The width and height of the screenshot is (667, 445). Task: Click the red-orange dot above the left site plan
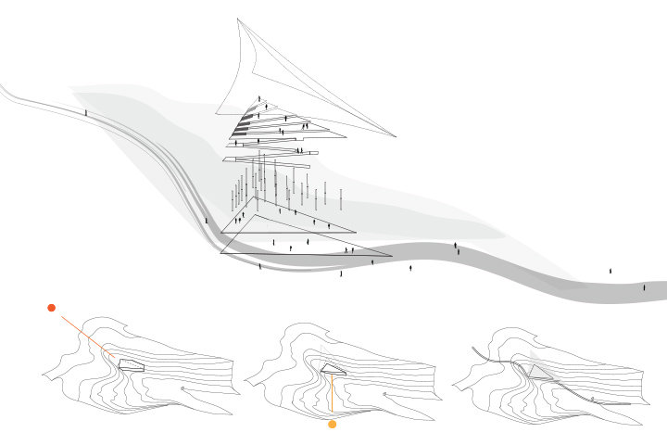click(52, 307)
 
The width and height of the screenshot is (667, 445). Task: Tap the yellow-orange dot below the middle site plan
click(333, 425)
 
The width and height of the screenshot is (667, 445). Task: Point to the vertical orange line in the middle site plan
click(331, 394)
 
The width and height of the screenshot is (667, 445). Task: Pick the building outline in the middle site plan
click(333, 369)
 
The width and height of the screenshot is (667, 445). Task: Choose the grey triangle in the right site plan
click(541, 370)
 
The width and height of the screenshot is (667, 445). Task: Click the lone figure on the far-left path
click(86, 112)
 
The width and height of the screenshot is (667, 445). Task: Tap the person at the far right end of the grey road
click(645, 287)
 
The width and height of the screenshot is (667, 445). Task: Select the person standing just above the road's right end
click(610, 271)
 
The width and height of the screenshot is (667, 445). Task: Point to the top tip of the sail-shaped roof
click(238, 19)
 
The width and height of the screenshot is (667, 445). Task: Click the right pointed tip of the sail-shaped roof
click(396, 136)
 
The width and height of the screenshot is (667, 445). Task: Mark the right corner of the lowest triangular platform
click(391, 256)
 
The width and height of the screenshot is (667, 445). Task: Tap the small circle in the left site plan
click(182, 388)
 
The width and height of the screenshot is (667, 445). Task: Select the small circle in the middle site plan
click(384, 394)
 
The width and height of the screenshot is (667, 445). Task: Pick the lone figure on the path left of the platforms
click(206, 221)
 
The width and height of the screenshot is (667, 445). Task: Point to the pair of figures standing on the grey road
click(456, 248)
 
